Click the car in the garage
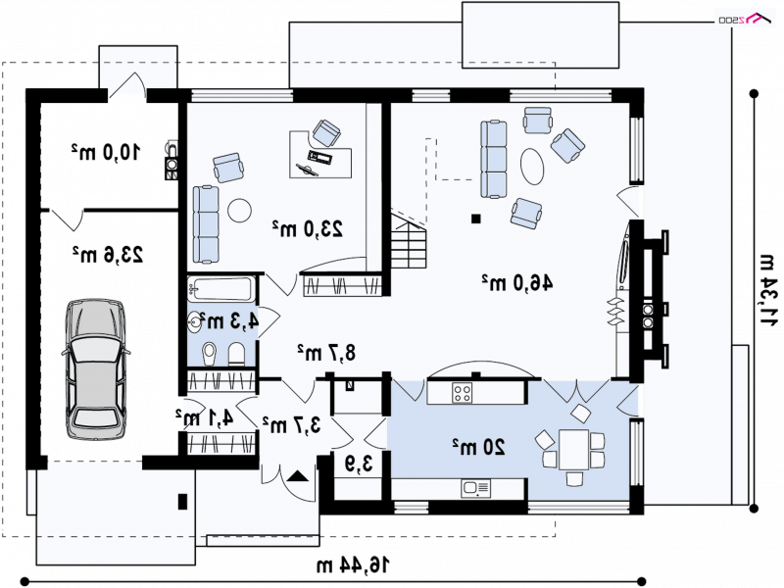[95, 369]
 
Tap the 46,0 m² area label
[517, 282]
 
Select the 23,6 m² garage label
[108, 255]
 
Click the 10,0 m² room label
[106, 152]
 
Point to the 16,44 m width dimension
[353, 565]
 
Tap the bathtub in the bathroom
[221, 289]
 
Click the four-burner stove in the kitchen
[462, 392]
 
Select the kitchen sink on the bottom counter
[476, 488]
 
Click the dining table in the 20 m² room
[574, 450]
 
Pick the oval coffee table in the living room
[531, 167]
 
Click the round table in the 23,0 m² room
[239, 211]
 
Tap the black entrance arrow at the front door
[299, 475]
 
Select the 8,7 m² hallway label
[326, 353]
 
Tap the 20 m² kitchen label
[479, 447]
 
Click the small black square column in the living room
[476, 219]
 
